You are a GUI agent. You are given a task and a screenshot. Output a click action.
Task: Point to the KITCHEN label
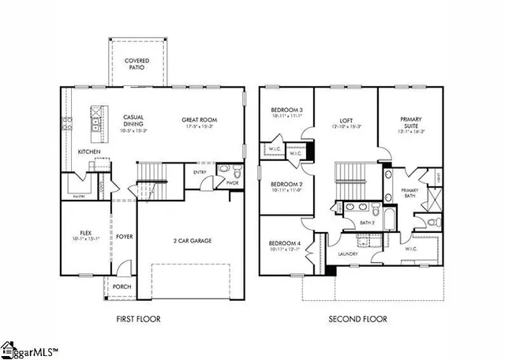tap(88, 151)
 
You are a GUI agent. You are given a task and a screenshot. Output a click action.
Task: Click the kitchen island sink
tap(96, 122)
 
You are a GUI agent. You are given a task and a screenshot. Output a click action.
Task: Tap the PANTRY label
tap(78, 195)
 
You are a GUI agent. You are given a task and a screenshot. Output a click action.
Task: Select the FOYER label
tap(124, 236)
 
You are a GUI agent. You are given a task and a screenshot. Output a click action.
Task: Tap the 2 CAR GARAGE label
tap(193, 241)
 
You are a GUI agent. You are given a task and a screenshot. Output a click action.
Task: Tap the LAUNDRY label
tap(348, 254)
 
